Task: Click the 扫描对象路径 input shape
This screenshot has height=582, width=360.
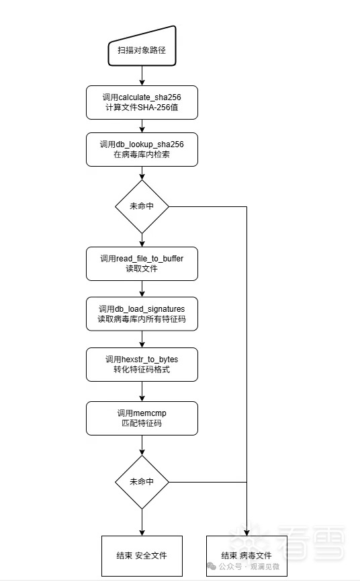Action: pos(142,46)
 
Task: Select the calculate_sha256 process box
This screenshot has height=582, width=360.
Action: pos(142,102)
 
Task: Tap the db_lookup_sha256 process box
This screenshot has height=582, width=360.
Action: pos(142,150)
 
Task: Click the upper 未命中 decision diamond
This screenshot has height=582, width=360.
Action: pos(142,206)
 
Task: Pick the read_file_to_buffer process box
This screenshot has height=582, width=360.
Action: pos(142,263)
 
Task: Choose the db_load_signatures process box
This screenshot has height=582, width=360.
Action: pos(142,314)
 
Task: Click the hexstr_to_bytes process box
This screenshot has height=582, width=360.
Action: pos(142,364)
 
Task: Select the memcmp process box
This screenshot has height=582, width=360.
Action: pos(142,418)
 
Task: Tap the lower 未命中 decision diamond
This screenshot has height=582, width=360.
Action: pos(142,482)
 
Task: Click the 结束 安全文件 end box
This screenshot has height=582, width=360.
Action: pos(142,556)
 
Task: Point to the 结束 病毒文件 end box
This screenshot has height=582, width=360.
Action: pos(246,556)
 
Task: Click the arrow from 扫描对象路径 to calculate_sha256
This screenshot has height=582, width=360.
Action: pos(142,76)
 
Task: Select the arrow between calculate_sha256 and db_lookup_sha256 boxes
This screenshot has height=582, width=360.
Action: pos(142,126)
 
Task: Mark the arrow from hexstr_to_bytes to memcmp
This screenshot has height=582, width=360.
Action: pos(142,392)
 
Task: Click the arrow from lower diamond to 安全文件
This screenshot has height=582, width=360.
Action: pos(142,522)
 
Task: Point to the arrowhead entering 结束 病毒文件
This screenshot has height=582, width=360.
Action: pos(246,533)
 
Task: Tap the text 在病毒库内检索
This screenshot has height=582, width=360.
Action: pos(142,155)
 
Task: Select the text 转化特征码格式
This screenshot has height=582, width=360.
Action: pos(142,370)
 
